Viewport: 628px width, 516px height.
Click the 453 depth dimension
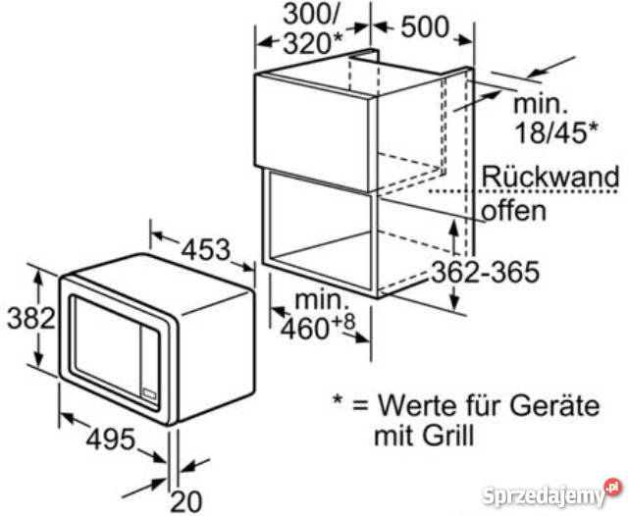coord(206,250)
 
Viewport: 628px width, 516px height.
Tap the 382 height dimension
coord(31,318)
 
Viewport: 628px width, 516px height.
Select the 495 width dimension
coord(111,439)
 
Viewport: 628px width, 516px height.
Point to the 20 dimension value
coord(186,501)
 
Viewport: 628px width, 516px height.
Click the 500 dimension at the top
coord(425,27)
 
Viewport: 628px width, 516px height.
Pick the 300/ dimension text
coord(311,15)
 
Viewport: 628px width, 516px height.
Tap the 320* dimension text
coord(313,43)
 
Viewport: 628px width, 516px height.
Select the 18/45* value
coord(556,132)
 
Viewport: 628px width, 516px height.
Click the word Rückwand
coord(550,177)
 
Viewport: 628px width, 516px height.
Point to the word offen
coord(514,211)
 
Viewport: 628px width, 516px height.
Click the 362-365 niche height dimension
coord(486,272)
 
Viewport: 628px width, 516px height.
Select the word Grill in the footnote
coord(449,436)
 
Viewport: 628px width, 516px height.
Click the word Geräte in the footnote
coord(554,405)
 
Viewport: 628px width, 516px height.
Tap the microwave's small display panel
coord(150,393)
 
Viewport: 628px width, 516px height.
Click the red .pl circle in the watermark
coord(613,488)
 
